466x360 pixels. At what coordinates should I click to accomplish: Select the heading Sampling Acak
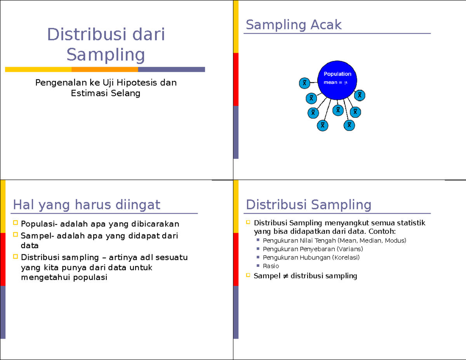[x=294, y=25]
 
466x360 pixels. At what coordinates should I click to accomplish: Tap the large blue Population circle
[x=337, y=79]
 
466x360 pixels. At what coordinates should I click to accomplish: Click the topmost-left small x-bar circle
[x=305, y=83]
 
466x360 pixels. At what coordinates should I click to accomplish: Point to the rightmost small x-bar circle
[x=360, y=95]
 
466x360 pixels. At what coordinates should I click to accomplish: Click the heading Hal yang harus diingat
[x=86, y=204]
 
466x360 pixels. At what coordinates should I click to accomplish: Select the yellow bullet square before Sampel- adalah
[x=16, y=235]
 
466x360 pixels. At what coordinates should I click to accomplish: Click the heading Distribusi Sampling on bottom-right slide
[x=309, y=204]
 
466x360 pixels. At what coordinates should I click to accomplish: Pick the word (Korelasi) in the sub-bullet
[x=346, y=257]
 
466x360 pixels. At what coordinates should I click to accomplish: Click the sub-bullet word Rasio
[x=271, y=266]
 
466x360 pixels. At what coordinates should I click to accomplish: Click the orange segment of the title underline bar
[x=104, y=70]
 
